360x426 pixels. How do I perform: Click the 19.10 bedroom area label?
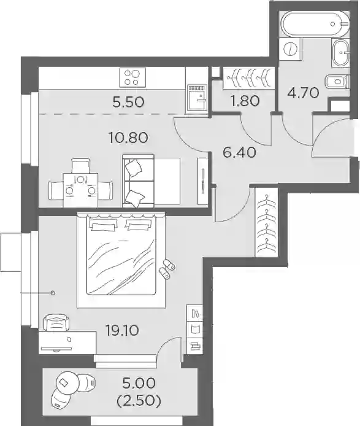click(122, 330)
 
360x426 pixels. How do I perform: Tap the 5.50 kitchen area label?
click(128, 102)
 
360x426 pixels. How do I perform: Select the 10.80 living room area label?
click(128, 137)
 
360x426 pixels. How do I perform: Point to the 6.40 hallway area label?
click(239, 152)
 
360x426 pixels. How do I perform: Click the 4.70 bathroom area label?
click(303, 93)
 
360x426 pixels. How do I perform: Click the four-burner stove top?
click(132, 77)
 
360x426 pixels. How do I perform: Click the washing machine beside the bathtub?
click(291, 50)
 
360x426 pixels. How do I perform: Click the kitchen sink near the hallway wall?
click(197, 99)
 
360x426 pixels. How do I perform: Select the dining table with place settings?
click(80, 191)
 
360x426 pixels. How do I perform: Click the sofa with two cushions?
click(151, 181)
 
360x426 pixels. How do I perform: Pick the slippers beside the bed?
click(167, 269)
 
